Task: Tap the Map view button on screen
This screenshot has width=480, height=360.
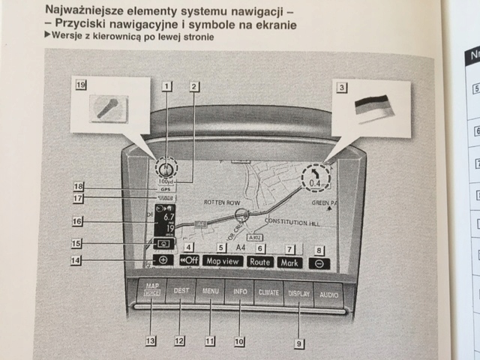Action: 223,261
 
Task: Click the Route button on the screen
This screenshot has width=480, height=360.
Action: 260,262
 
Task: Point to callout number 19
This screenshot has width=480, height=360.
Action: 80,85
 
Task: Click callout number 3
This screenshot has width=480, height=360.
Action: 341,88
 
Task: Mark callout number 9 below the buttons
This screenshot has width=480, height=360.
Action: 299,344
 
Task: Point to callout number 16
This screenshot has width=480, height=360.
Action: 77,221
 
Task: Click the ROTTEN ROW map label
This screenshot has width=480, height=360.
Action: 220,202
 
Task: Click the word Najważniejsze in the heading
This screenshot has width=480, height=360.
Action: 80,11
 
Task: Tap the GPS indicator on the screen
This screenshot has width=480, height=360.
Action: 166,190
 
